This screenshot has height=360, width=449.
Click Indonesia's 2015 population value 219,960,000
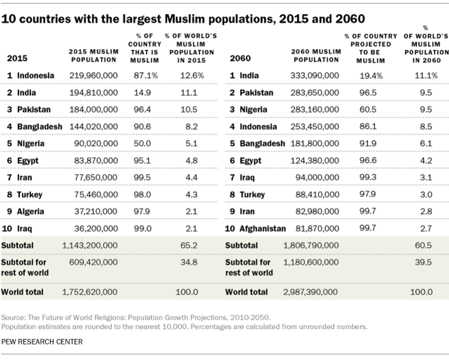(x=93, y=76)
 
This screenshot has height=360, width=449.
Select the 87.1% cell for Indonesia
(x=145, y=76)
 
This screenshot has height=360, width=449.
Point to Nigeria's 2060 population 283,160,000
(x=314, y=109)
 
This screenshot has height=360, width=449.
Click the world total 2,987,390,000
(x=311, y=292)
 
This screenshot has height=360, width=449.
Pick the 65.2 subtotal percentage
(x=189, y=245)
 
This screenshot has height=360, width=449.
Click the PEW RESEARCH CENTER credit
(x=42, y=342)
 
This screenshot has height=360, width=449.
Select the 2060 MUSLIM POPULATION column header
(x=316, y=56)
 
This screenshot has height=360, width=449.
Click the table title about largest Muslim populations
(x=183, y=19)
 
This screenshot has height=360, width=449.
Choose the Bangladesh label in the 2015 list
(x=39, y=126)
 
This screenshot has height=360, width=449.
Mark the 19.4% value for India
(x=371, y=76)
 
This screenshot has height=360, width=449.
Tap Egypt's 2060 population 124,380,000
(x=314, y=161)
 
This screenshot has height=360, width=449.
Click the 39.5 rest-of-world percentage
(x=423, y=262)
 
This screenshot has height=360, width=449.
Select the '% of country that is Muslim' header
(x=145, y=48)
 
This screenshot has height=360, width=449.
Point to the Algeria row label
(x=31, y=211)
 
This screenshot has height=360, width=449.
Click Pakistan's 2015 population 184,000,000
(x=93, y=109)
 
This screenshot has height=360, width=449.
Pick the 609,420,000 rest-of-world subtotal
(x=93, y=262)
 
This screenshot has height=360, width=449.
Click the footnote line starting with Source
(x=135, y=317)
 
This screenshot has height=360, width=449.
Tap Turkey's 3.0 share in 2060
(x=426, y=194)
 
